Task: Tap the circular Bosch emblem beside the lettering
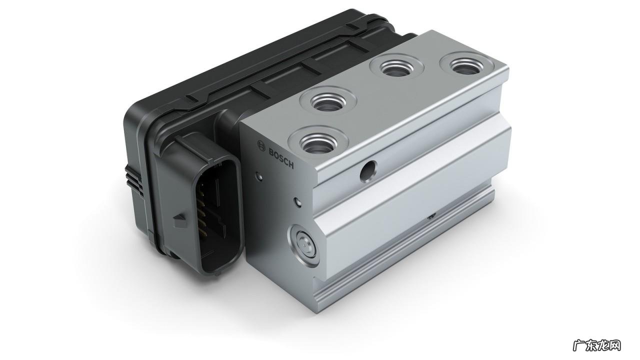coord(261,145)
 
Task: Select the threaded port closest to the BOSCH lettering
coord(318,141)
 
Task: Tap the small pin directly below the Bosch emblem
coord(258,175)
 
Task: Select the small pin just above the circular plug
coord(298,202)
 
